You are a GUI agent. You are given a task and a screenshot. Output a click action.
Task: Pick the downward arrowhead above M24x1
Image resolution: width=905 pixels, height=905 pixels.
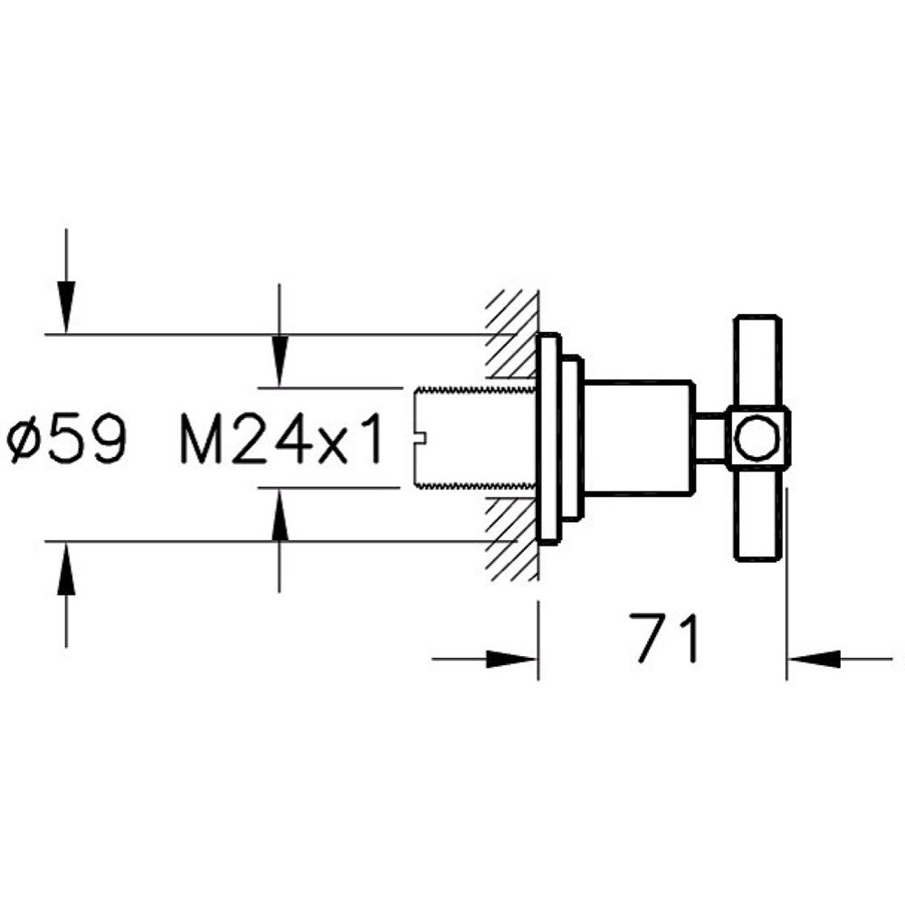point(280,362)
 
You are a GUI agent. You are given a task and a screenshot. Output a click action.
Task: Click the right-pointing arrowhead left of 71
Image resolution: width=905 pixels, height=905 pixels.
point(516,659)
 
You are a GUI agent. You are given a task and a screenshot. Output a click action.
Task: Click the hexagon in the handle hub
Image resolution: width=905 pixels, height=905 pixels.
point(757,437)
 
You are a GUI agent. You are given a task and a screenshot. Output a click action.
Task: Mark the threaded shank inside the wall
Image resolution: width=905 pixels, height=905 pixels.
point(471,438)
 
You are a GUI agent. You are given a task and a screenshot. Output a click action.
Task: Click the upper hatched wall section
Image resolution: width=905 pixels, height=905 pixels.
point(512,335)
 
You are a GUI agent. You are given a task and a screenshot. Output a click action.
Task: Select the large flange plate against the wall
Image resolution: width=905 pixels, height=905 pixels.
point(548,438)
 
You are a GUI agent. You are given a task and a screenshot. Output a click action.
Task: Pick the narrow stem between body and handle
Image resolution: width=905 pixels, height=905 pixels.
point(710,438)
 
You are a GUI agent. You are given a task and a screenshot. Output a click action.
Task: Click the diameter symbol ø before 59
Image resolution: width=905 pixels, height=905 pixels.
point(24,442)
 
